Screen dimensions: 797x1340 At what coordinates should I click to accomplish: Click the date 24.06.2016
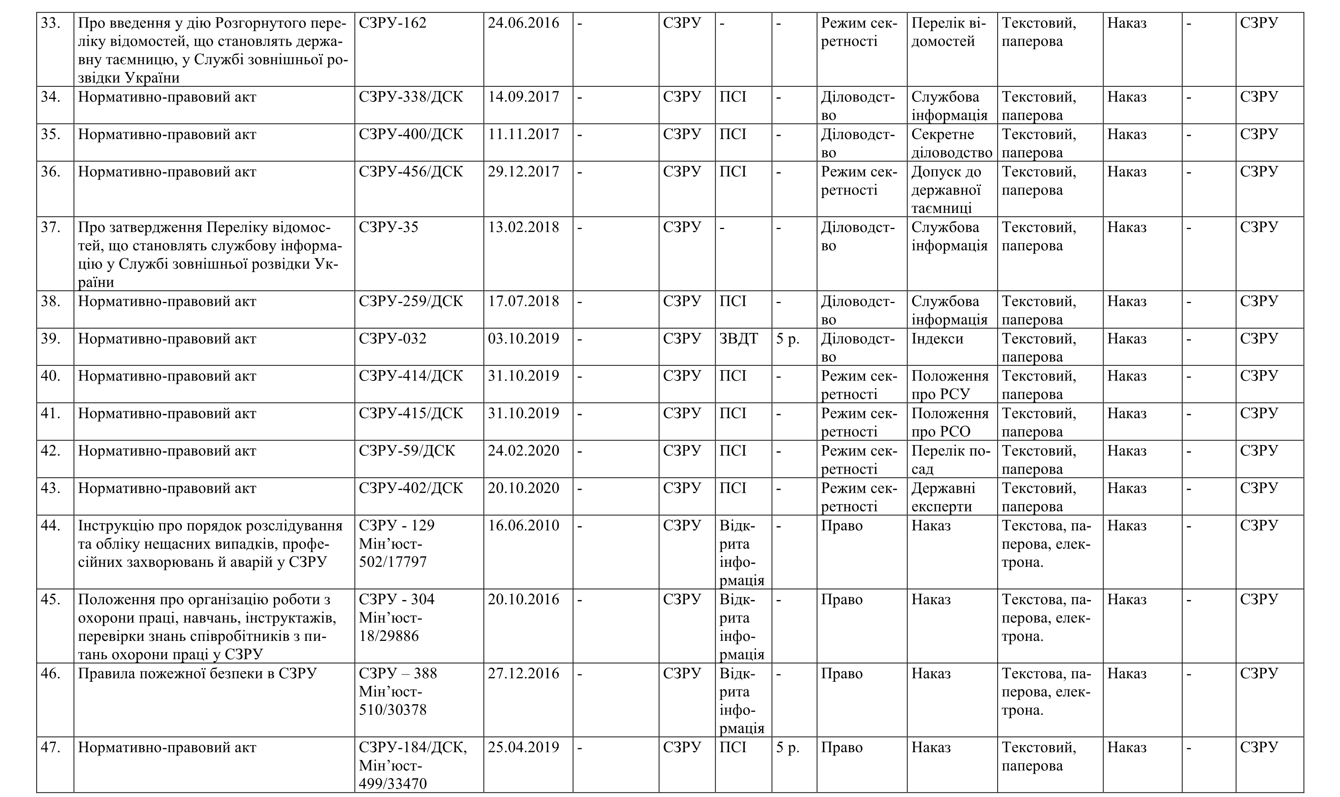[x=523, y=23]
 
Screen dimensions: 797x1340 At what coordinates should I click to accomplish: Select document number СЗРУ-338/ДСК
[x=411, y=97]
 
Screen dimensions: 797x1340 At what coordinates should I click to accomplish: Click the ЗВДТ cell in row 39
[x=739, y=339]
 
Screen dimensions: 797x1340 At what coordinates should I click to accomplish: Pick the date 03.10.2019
[x=523, y=339]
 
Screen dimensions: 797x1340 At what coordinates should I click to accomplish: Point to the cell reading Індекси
[x=937, y=339]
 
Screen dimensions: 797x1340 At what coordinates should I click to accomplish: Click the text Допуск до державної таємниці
[x=946, y=190]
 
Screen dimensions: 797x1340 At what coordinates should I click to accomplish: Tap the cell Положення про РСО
[x=950, y=422]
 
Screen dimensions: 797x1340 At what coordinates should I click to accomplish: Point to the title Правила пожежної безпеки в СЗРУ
[x=197, y=673]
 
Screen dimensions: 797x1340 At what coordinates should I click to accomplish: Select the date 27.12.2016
[x=523, y=673]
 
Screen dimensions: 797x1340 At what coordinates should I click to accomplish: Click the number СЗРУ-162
[x=392, y=23]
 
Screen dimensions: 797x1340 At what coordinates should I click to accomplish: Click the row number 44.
[x=50, y=526]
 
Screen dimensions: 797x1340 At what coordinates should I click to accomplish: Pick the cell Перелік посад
[x=950, y=460]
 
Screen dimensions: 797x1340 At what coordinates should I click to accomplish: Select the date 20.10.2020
[x=523, y=488]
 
